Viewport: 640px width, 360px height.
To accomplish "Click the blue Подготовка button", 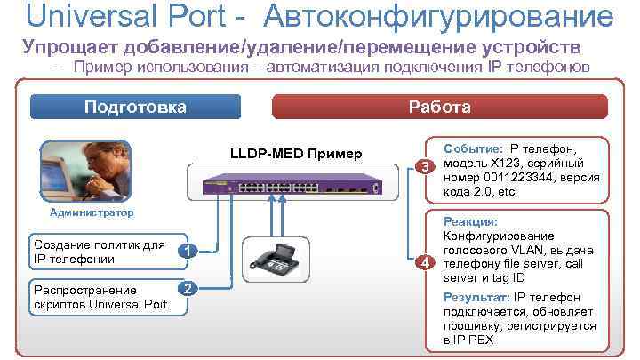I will (135, 108).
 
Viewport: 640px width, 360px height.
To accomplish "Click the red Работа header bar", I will (439, 108).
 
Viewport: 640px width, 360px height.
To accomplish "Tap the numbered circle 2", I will (186, 288).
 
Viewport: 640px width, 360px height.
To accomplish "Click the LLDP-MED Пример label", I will (296, 155).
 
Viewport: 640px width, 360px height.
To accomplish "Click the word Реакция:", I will (470, 221).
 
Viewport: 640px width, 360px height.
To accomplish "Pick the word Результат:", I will (477, 297).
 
